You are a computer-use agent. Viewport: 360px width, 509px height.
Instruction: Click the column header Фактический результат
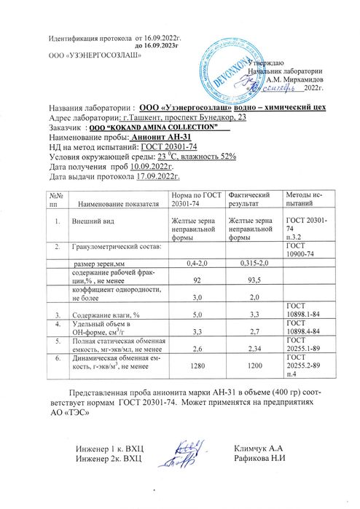click(249, 200)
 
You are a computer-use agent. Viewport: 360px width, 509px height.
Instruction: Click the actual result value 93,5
click(254, 279)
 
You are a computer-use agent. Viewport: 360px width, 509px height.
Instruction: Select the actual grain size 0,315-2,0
click(254, 262)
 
